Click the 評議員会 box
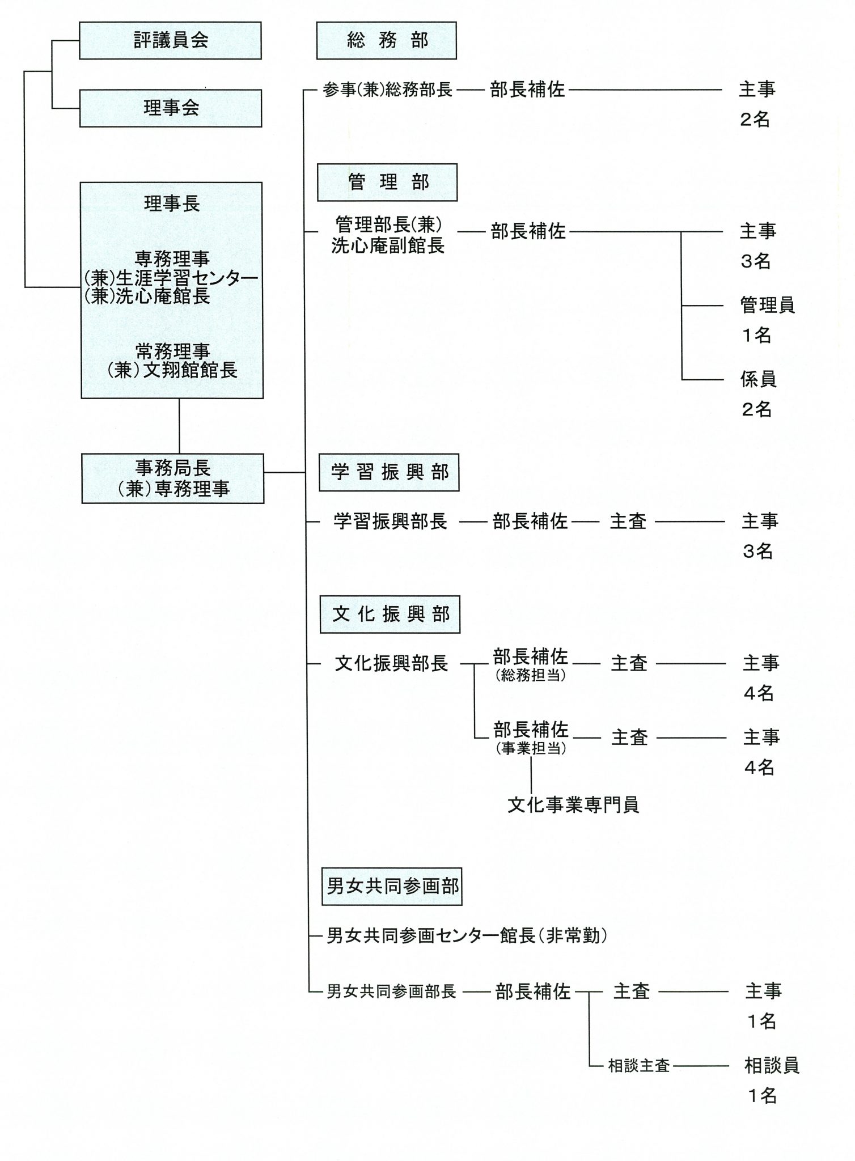[170, 40]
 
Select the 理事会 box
[171, 108]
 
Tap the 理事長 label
[172, 204]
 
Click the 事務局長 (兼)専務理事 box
[173, 478]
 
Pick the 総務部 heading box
[387, 40]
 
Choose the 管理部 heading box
[387, 182]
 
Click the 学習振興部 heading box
[389, 472]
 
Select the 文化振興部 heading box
[390, 614]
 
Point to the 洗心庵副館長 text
[388, 245]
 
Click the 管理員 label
[768, 305]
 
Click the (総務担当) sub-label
[531, 676]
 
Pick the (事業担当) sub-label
[531, 749]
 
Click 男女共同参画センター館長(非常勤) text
[468, 936]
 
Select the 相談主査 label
[640, 1066]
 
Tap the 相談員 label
[772, 1065]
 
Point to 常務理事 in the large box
[172, 351]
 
